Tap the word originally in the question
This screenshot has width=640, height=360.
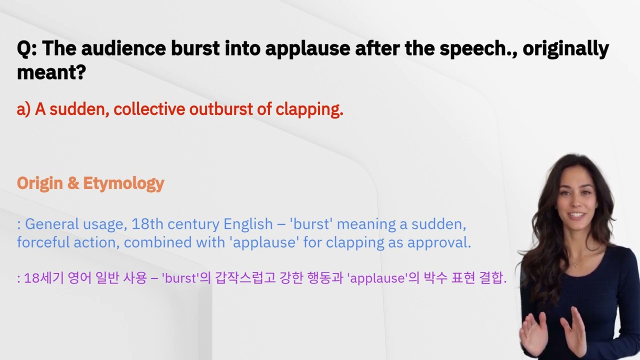[x=566, y=49]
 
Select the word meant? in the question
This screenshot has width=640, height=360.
[x=51, y=72]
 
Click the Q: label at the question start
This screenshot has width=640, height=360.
[x=27, y=49]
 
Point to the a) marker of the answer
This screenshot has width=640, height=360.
[x=23, y=109]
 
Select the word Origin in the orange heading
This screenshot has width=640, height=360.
[x=40, y=183]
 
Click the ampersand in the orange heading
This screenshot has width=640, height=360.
[x=73, y=183]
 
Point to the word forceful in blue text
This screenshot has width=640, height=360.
[x=42, y=242]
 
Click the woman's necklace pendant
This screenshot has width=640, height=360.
[x=575, y=264]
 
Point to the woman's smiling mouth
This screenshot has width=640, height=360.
[x=576, y=215]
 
